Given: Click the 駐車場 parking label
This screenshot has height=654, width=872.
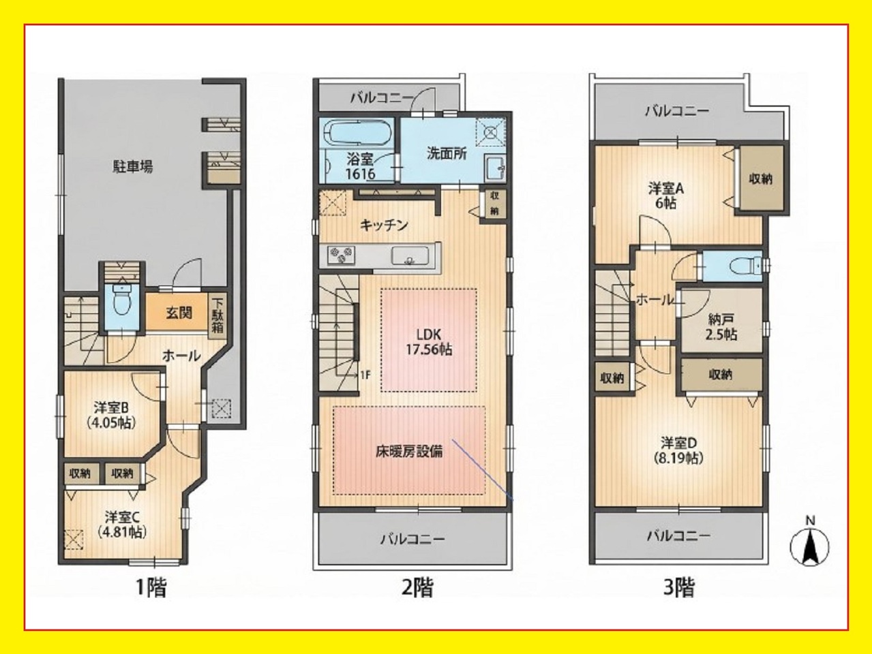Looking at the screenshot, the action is (x=133, y=167).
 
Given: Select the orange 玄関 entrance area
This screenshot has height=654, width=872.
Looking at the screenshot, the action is (x=177, y=312).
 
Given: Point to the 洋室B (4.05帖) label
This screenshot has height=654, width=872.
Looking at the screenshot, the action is (x=112, y=415).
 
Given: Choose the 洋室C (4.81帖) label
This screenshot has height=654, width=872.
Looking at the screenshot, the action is (x=123, y=525).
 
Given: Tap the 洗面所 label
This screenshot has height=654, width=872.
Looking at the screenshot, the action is (x=447, y=154).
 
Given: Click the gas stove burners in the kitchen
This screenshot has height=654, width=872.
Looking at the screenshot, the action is (x=341, y=254).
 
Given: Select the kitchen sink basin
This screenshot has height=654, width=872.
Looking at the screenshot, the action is (x=410, y=255).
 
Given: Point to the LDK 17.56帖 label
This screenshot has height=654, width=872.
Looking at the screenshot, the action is (x=428, y=342).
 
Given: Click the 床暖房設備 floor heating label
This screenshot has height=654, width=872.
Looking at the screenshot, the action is (x=409, y=451).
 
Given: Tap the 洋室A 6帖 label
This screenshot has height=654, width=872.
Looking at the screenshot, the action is (x=666, y=196).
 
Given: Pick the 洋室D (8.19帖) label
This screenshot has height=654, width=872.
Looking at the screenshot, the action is (x=679, y=450).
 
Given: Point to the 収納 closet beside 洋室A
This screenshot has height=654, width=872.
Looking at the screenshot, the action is (x=760, y=179).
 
